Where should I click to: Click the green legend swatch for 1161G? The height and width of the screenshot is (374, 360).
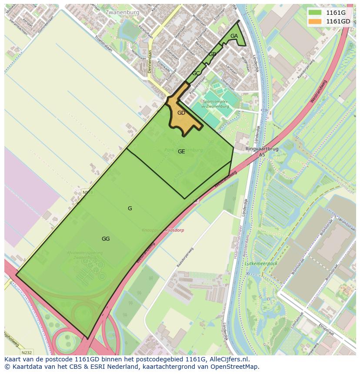click(x=315, y=13)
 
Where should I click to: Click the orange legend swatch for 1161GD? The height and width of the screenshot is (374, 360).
click(x=315, y=21)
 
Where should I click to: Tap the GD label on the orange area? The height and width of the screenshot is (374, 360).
click(x=181, y=113)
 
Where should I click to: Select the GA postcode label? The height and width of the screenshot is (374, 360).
click(x=234, y=36)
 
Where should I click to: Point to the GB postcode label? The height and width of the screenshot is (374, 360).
click(x=212, y=54)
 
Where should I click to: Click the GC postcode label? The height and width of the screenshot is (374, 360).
click(x=196, y=73)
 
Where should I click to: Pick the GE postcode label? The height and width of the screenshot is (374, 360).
click(x=181, y=152)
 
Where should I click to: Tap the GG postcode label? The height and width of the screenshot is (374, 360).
click(x=106, y=238)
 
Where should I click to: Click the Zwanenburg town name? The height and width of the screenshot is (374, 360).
click(x=122, y=13)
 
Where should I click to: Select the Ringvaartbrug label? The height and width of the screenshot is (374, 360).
click(x=262, y=149)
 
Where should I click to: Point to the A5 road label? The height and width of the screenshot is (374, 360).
click(x=262, y=155)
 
